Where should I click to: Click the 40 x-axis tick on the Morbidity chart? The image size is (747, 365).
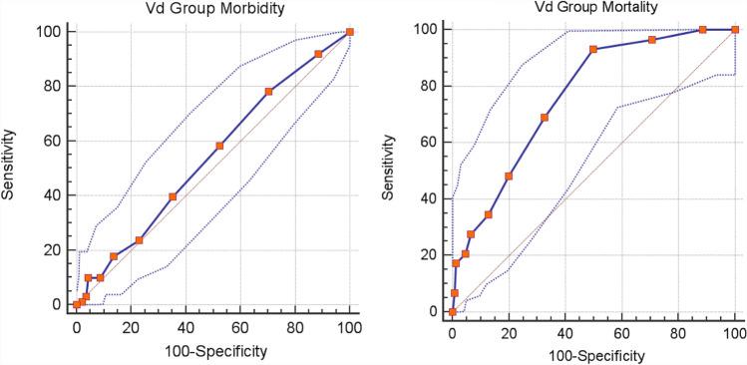(185, 324)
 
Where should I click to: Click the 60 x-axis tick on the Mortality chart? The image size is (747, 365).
(621, 332)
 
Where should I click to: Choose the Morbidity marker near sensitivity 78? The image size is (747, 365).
(268, 92)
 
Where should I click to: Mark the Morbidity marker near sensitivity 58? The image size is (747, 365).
(219, 146)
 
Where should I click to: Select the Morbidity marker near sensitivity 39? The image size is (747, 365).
(173, 196)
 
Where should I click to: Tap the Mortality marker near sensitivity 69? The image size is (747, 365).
(545, 118)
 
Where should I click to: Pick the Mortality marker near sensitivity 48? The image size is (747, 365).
(509, 176)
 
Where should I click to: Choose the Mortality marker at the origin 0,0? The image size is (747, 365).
(452, 312)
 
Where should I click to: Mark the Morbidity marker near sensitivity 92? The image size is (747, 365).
(318, 54)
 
